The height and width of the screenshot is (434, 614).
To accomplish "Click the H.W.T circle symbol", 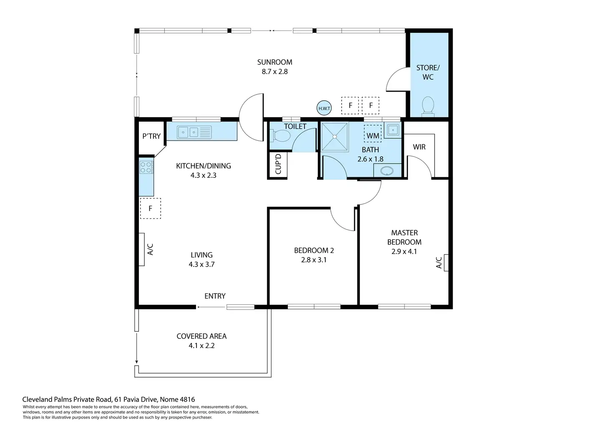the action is tap(324, 108).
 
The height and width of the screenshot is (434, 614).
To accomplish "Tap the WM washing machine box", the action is tap(372, 134).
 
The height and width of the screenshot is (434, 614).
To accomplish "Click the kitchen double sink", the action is tap(194, 132).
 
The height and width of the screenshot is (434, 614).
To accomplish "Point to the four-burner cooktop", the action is tap(146, 167).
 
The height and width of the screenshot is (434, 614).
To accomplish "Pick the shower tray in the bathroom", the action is tap(335, 137).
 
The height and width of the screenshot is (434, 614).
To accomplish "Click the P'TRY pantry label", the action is tap(151, 136).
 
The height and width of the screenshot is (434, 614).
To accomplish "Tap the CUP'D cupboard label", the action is tap(278, 164).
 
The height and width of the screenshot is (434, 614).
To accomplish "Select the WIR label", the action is tap(419, 147).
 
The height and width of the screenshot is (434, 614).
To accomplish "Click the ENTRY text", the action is tap(215, 296).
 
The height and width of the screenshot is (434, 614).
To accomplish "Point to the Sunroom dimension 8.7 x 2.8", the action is tap(274, 71).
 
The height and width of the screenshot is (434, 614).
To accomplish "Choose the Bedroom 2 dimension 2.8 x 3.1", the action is tap(314, 260).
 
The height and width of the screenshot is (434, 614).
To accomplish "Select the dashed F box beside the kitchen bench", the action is tap(151, 208).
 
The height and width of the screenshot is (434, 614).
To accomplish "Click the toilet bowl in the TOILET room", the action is tap(280, 136).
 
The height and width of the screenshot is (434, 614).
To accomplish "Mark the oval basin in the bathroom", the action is tap(387, 171).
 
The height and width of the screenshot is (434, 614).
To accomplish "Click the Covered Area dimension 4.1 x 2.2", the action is tap(201, 346).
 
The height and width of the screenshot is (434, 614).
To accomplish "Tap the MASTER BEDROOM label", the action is tap(404, 237).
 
